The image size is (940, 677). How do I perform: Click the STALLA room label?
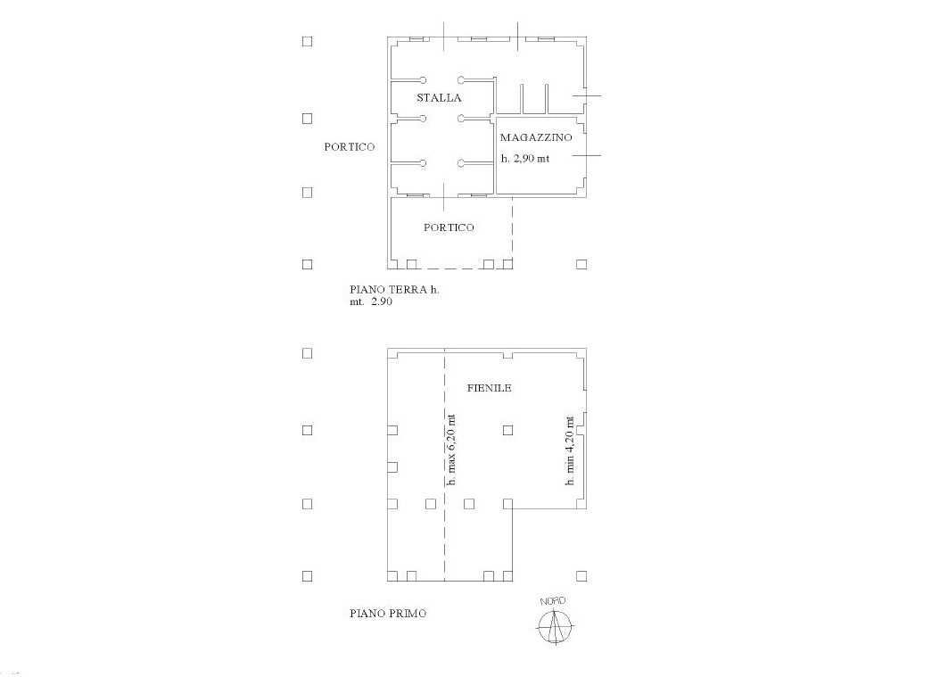[439, 98]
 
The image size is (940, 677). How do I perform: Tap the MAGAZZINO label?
[536, 137]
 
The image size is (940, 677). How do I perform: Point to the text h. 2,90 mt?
[525, 159]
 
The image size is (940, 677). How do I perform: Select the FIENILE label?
[490, 388]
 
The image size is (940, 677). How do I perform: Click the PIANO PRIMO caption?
[388, 614]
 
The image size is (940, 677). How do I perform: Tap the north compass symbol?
[555, 626]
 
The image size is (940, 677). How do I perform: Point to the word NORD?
[553, 601]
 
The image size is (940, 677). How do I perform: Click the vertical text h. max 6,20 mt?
[451, 450]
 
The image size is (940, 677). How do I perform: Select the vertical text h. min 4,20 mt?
[570, 451]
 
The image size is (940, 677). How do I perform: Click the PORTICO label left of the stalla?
[350, 147]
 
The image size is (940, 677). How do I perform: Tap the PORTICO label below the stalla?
[449, 227]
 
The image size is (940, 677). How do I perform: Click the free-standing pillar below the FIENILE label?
[507, 430]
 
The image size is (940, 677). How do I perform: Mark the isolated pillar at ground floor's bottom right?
[581, 264]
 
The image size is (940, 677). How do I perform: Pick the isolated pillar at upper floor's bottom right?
[581, 576]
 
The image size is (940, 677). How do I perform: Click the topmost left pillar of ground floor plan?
[308, 41]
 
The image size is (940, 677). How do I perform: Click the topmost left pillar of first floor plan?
[308, 353]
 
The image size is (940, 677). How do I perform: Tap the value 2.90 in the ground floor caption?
[382, 301]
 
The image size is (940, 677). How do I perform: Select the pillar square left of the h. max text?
[431, 504]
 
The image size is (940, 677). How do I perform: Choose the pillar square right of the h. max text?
[469, 504]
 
